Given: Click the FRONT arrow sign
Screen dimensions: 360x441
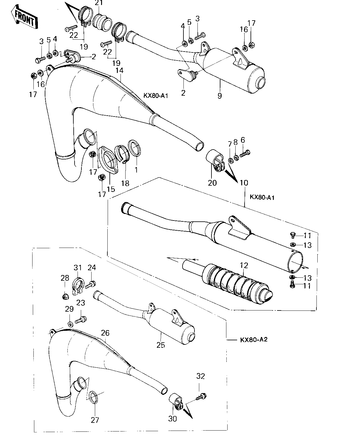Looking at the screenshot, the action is coord(24,17).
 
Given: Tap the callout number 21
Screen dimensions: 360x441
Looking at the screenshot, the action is coord(99,3).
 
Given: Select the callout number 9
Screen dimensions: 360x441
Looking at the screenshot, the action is coord(219,96).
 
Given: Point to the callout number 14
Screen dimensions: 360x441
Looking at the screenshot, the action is coord(120,70).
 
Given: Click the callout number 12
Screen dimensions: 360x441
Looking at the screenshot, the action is coord(244,265).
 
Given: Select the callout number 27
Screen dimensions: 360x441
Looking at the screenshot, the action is coord(95,420).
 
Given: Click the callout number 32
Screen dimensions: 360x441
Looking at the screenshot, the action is coord(200,376).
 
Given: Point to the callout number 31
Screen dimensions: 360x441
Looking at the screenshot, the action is coord(78,268).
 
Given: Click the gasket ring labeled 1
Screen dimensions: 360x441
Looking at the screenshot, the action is coord(134,148).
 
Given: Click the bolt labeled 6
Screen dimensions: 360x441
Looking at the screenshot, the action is coord(245,154).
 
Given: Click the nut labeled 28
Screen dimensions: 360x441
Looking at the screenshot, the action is coord(65,296).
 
